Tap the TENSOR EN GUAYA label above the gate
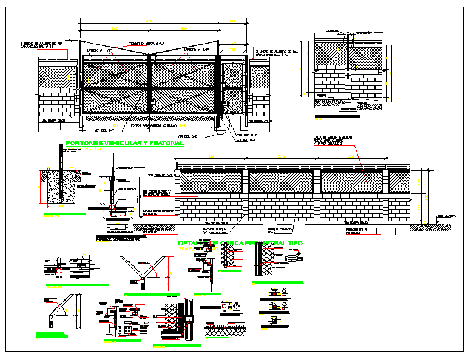point(143,44)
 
